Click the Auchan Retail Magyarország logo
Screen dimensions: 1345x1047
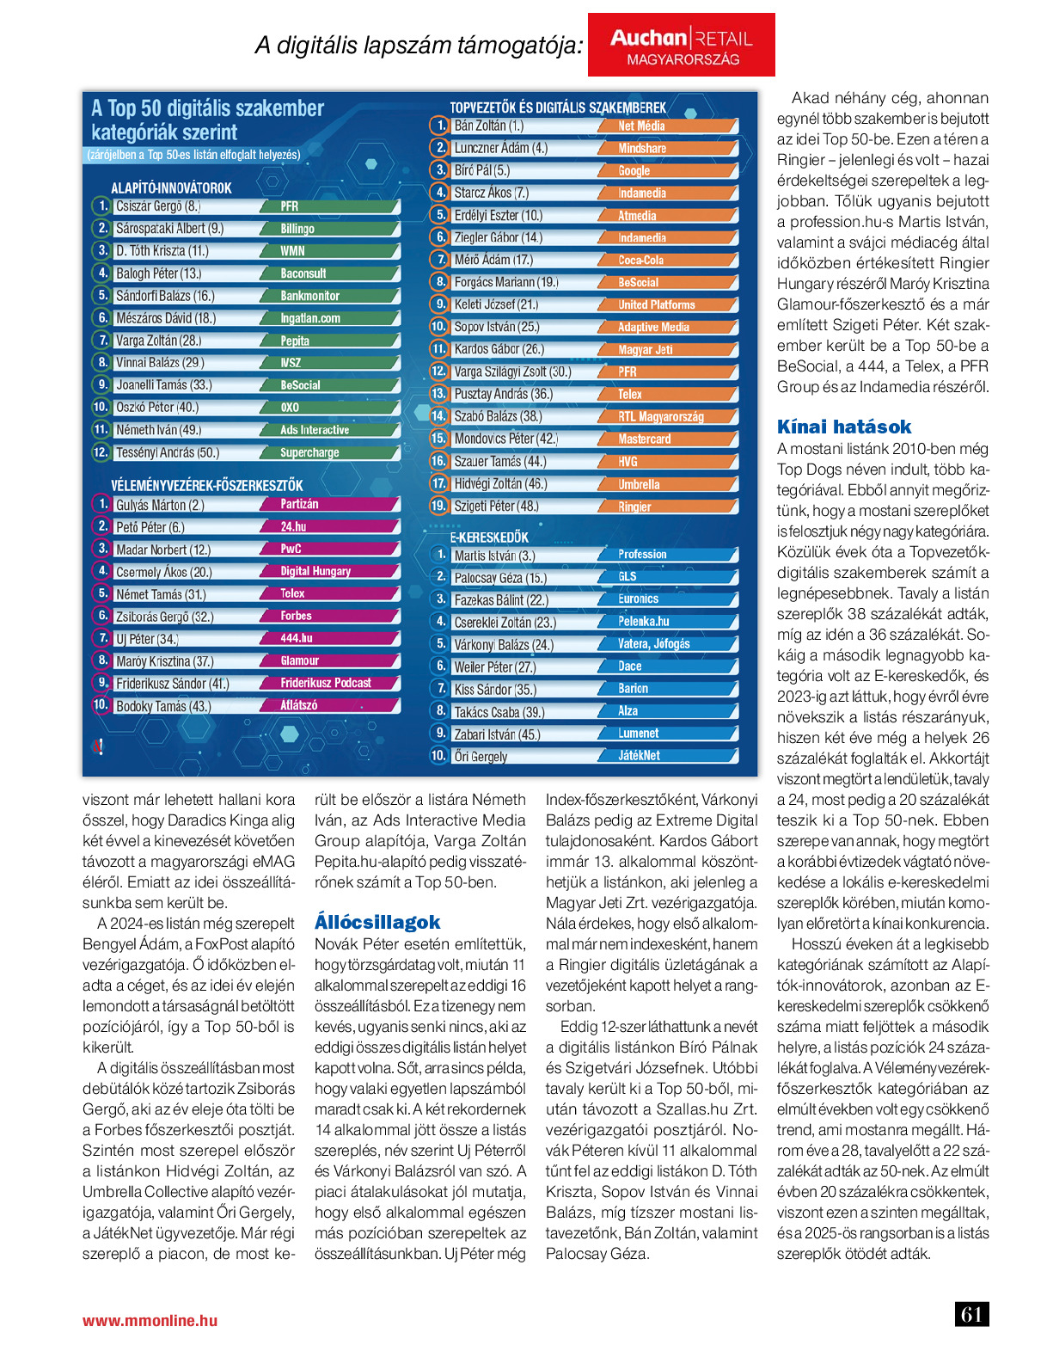pos(681,46)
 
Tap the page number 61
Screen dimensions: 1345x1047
pos(971,1314)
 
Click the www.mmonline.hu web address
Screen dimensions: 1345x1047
pos(150,1321)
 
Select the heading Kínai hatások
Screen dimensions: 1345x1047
pos(843,427)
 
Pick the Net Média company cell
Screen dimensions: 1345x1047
pos(641,126)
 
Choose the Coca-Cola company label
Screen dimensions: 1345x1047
pos(640,260)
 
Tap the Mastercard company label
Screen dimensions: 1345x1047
pos(644,439)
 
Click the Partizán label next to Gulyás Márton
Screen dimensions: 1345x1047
pos(299,504)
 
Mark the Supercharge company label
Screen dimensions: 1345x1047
pos(309,452)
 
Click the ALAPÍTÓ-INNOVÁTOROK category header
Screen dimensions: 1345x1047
pos(171,187)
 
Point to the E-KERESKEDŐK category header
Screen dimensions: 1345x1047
pos(489,537)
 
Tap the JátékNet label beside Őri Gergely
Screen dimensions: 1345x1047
pos(639,755)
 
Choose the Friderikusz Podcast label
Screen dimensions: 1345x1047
pos(325,683)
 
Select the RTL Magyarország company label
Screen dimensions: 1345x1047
pos(660,416)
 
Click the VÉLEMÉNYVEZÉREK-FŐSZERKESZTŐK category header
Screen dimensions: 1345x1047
pos(206,485)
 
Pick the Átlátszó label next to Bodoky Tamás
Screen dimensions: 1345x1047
pos(298,705)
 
